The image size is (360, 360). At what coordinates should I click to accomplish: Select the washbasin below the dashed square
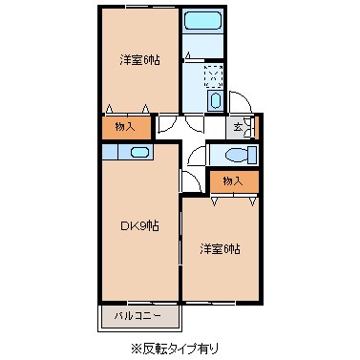pos(215,100)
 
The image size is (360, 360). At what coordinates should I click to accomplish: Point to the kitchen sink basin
pos(138,152)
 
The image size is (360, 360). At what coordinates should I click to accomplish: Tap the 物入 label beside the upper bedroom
pos(125,125)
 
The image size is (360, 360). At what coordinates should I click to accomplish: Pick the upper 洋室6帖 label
pos(139,59)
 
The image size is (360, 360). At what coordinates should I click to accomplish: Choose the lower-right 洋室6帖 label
pos(221,249)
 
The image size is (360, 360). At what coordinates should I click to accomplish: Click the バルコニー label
pos(138,315)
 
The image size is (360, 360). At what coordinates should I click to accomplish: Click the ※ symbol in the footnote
pos(135,348)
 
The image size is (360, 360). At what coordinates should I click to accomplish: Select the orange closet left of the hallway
pos(125,125)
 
